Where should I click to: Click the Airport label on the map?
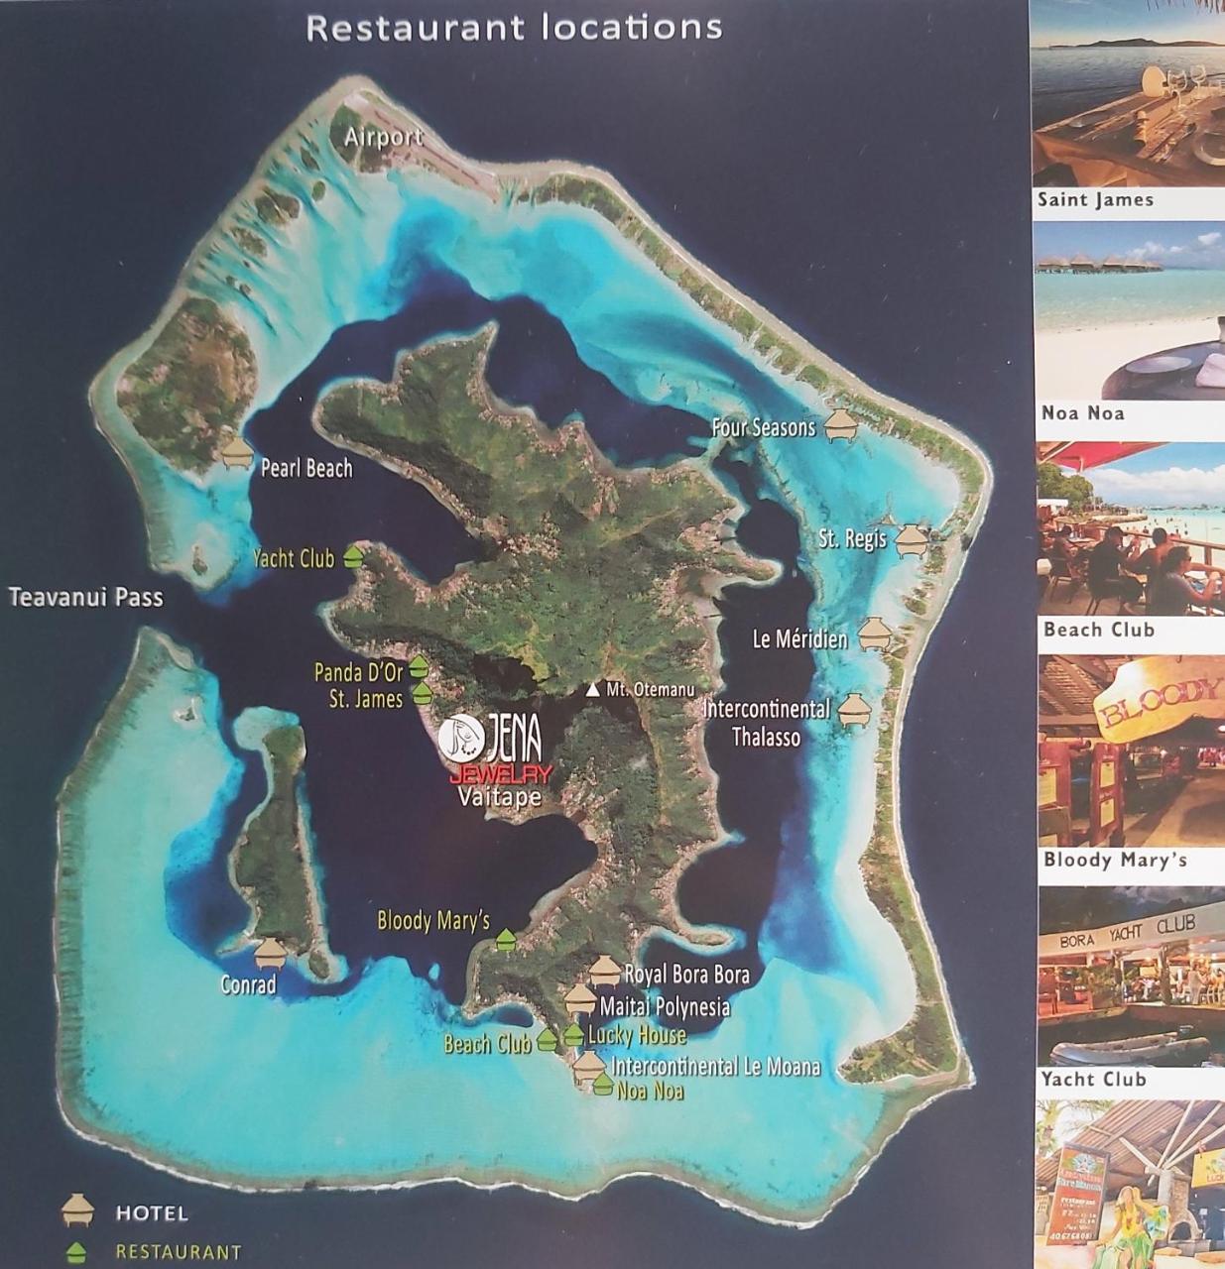(x=383, y=137)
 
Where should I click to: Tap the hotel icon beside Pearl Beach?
(x=237, y=454)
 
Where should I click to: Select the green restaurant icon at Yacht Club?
(x=354, y=557)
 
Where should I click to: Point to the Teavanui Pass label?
(x=85, y=597)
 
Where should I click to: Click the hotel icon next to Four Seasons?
(x=840, y=426)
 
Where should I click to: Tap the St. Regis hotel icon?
(x=911, y=540)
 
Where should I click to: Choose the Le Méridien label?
(x=799, y=639)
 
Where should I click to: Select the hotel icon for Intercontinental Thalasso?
(x=854, y=711)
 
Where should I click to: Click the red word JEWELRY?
(x=500, y=775)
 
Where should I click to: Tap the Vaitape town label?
(x=499, y=797)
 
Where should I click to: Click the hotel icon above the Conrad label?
(x=270, y=953)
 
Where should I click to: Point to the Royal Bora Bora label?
(x=686, y=974)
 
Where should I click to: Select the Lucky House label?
(x=637, y=1035)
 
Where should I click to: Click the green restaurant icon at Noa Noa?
(x=602, y=1085)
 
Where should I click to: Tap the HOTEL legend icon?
(x=76, y=1211)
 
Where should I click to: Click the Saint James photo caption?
(x=1095, y=199)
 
